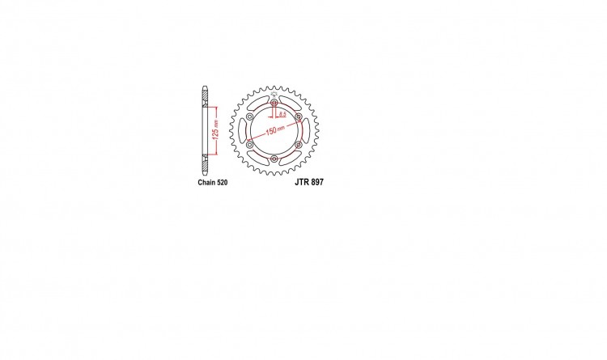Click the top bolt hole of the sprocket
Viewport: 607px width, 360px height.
point(274,103)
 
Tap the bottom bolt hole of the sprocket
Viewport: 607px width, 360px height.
point(274,159)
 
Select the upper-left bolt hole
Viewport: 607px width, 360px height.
point(250,117)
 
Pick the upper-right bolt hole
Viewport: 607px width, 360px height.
point(299,117)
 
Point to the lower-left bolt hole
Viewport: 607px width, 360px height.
point(250,145)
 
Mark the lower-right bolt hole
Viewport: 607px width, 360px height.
point(299,145)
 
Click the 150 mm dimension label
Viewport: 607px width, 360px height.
point(275,130)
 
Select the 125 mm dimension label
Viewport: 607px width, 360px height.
point(215,130)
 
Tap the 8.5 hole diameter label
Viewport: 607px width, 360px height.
point(282,114)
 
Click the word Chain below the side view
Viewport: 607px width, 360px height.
point(205,182)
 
